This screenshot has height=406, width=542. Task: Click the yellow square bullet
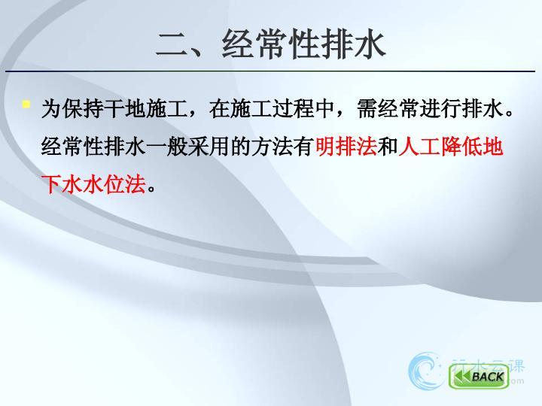point(26,104)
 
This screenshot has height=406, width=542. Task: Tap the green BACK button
point(479,377)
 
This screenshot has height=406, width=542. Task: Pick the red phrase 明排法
point(346,147)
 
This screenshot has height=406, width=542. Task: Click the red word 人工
point(419,147)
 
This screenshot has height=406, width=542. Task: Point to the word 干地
point(124,109)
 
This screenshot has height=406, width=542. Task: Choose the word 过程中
point(303,109)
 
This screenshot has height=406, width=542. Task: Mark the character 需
point(367,109)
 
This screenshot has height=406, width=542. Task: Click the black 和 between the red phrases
point(388,147)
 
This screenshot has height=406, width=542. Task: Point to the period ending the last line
point(151,189)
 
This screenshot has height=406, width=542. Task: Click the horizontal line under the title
point(270,71)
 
